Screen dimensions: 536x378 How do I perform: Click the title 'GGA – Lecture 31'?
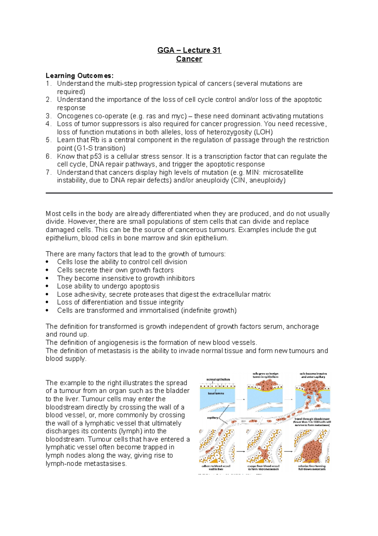(189, 50)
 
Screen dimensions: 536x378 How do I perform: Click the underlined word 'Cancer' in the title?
(189, 59)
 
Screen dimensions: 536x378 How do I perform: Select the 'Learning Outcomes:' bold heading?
(79, 75)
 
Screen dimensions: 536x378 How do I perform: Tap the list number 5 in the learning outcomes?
(48, 140)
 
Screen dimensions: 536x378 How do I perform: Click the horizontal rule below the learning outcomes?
(189, 193)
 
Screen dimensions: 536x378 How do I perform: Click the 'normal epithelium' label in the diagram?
(218, 379)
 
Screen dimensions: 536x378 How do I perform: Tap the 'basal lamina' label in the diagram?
(215, 393)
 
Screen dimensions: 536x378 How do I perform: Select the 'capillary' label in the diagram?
(212, 418)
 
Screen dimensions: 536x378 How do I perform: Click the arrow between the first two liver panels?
(241, 451)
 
